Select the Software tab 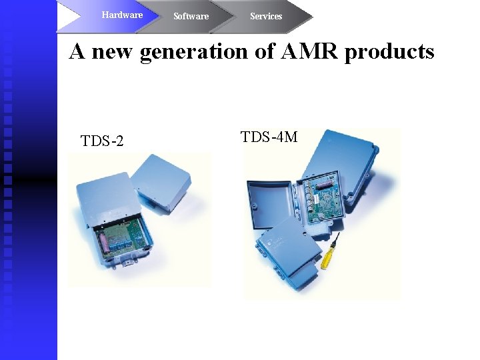(191, 16)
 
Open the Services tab (266, 16)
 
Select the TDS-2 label (102, 141)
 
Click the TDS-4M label (269, 137)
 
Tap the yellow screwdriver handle (327, 257)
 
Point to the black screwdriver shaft (337, 238)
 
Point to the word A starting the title (77, 51)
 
